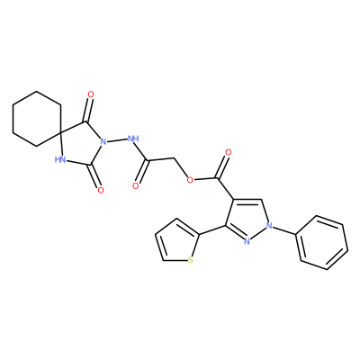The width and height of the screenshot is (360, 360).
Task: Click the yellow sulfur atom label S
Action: pos(190,260)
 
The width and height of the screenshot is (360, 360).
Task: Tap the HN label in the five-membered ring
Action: pos(60,159)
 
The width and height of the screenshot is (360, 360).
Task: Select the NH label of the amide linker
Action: pos(133,139)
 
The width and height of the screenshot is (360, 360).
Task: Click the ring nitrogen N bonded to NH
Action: pos(103,141)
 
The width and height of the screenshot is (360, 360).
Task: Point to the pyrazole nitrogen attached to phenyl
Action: pos(269,225)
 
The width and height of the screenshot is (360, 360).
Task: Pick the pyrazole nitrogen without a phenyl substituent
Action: pos(247,241)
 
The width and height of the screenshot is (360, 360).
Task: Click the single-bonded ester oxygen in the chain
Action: pos(189,180)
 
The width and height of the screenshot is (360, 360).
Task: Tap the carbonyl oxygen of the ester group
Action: pos(228,152)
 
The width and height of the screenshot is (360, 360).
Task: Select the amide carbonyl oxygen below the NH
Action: pos(136,185)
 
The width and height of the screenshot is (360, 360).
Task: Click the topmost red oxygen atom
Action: pos(91,94)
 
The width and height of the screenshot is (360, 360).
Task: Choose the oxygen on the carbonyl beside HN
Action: pos(101,190)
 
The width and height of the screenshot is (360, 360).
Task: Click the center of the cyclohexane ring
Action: pos(37,119)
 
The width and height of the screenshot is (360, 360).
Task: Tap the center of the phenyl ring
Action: pos(322,242)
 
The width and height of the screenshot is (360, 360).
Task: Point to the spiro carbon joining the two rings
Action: pos(60,132)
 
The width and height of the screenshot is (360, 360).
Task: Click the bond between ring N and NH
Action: pos(117,139)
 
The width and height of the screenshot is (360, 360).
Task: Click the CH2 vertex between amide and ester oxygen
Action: pos(174,158)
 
